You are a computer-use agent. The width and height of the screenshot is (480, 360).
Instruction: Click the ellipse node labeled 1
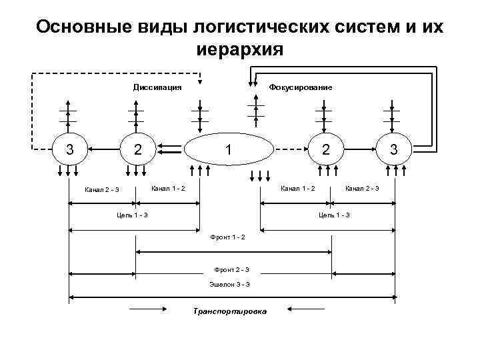(x=229, y=149)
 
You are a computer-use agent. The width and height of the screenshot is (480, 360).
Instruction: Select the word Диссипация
(x=157, y=87)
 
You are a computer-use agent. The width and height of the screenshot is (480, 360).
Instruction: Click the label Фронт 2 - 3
(x=231, y=269)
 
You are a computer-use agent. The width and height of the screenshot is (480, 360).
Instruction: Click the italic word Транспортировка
(x=229, y=311)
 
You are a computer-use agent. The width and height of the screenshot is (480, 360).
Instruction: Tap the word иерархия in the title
(x=240, y=49)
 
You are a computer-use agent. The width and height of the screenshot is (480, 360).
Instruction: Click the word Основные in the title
(x=77, y=27)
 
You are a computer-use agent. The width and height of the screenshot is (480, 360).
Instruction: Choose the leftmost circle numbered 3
(x=69, y=149)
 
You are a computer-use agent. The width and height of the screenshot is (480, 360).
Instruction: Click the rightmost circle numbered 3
(x=394, y=149)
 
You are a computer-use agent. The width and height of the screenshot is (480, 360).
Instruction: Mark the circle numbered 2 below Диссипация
(x=137, y=149)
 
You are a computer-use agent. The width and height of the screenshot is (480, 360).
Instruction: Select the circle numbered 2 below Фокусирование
(x=325, y=149)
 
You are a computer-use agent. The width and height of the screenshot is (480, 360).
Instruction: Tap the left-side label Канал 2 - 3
(x=102, y=190)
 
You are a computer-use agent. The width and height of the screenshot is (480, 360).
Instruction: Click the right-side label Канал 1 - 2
(x=298, y=189)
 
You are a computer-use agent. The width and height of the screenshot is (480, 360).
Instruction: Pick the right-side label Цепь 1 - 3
(x=334, y=215)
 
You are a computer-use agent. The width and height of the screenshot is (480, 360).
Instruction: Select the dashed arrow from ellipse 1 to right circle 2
(x=290, y=148)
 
